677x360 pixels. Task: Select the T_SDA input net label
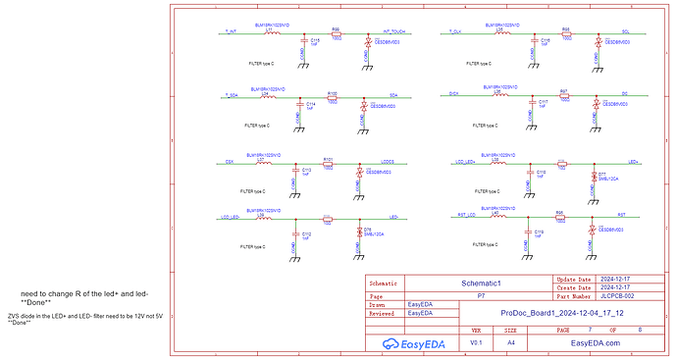point(232,94)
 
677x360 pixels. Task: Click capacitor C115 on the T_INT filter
point(315,41)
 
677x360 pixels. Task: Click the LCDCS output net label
point(387,161)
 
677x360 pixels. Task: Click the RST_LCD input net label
point(467,214)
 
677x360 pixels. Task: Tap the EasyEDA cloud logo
point(391,343)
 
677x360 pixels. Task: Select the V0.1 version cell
point(476,343)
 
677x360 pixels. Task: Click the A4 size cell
point(511,343)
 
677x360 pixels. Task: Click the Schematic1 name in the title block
point(481,282)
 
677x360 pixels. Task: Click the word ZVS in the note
point(15,316)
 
